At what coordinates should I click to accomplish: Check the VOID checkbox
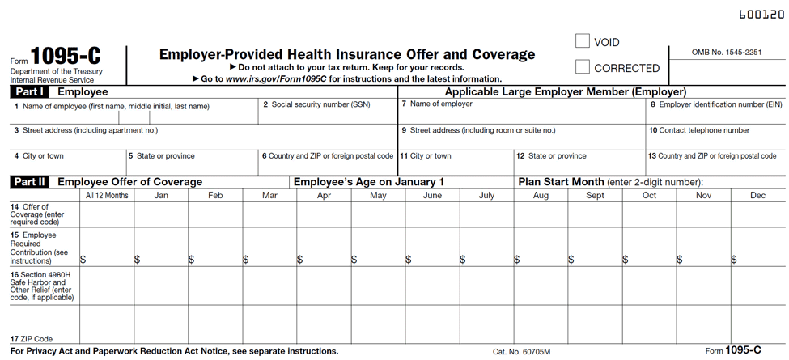[x=582, y=41]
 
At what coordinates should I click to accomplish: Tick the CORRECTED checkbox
[x=582, y=67]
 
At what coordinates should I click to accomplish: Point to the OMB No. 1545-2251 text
[x=726, y=52]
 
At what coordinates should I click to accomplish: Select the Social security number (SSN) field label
[x=316, y=105]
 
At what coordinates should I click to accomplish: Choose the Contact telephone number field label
[x=698, y=130]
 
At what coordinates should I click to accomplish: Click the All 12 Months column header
[x=107, y=195]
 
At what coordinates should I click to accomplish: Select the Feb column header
[x=215, y=195]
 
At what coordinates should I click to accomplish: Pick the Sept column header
[x=595, y=195]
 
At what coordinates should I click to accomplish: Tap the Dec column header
[x=757, y=195]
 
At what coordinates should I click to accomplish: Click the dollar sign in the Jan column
[x=138, y=260]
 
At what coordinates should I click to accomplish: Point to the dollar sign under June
[x=409, y=260]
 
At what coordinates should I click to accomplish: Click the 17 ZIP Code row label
[x=32, y=339]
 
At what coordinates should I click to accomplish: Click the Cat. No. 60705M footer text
[x=521, y=352]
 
